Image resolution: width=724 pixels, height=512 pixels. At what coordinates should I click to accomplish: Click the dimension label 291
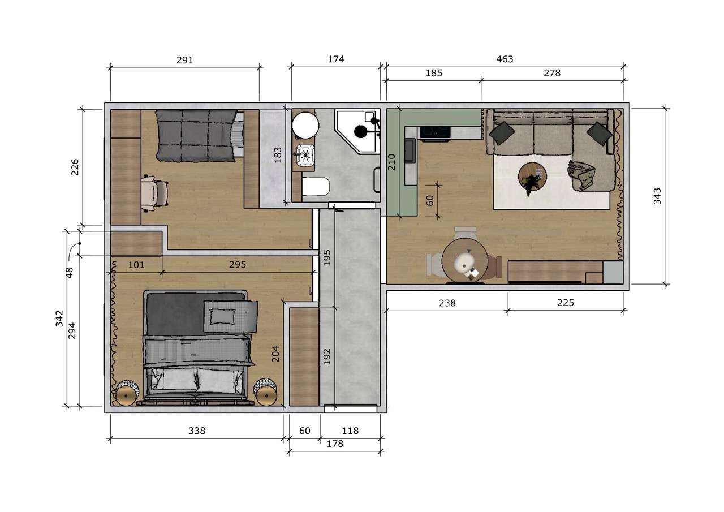[184, 60]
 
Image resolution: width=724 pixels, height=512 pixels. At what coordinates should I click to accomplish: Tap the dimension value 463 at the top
[505, 59]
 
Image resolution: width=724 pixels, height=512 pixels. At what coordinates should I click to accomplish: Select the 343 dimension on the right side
[657, 196]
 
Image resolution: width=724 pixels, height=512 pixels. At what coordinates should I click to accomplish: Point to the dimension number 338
[196, 431]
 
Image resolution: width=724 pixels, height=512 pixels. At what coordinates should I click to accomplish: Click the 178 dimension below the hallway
[335, 444]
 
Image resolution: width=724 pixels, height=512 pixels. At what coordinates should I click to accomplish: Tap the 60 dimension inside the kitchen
[429, 200]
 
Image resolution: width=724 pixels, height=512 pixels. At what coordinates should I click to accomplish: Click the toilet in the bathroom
[315, 187]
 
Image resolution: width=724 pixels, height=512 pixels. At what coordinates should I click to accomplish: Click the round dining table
[465, 261]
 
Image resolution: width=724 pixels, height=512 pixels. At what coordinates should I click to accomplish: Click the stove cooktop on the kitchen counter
[434, 132]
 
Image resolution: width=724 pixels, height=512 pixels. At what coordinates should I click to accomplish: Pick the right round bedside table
[265, 392]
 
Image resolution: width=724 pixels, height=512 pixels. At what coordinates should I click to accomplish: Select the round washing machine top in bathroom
[305, 124]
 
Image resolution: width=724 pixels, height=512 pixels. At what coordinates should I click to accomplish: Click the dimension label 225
[565, 303]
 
